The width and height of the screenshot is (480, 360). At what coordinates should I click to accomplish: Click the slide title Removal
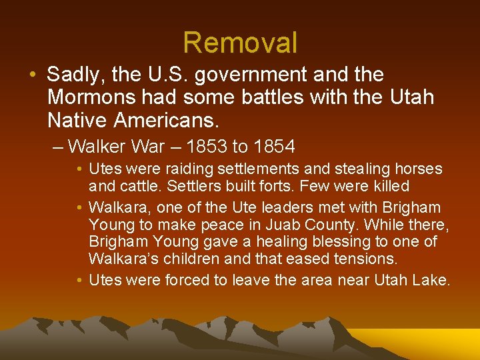tap(240, 42)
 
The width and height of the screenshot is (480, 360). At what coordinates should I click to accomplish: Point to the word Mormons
tap(91, 97)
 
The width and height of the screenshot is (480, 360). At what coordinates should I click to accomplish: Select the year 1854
tap(271, 145)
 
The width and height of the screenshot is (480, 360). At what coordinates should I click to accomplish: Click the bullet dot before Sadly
tap(32, 75)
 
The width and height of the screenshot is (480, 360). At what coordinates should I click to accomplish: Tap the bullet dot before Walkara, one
tap(79, 207)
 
